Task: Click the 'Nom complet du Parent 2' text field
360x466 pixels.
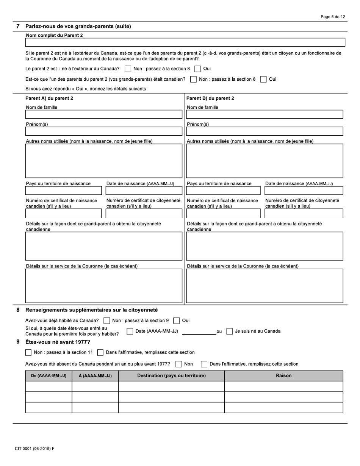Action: point(185,42)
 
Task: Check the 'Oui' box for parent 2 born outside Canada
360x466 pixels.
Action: point(197,69)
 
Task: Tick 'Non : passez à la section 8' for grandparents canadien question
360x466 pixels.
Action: point(193,80)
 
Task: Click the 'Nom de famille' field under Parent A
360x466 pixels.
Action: point(103,114)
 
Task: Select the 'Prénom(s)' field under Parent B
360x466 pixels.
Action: point(265,131)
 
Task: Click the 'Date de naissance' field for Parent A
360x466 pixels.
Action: point(144,191)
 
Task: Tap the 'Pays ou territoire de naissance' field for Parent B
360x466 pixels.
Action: point(223,191)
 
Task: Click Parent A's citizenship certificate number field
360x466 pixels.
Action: point(144,214)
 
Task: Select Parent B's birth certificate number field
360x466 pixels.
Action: point(223,214)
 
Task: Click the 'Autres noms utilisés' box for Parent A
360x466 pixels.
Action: point(103,161)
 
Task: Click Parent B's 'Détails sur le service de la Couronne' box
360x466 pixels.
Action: point(265,286)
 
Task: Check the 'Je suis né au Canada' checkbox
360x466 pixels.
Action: point(229,332)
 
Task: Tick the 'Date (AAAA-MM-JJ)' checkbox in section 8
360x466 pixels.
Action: point(130,332)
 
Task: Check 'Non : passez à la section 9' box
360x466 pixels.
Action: point(107,321)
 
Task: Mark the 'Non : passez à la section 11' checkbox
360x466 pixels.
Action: point(28,353)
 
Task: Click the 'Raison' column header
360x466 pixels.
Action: point(283,376)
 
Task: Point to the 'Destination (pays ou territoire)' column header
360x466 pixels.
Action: point(171,376)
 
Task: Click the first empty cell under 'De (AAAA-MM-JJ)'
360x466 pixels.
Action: point(49,386)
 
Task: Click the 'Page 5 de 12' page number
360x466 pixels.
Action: point(332,17)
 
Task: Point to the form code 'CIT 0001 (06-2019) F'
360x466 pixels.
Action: point(34,449)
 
